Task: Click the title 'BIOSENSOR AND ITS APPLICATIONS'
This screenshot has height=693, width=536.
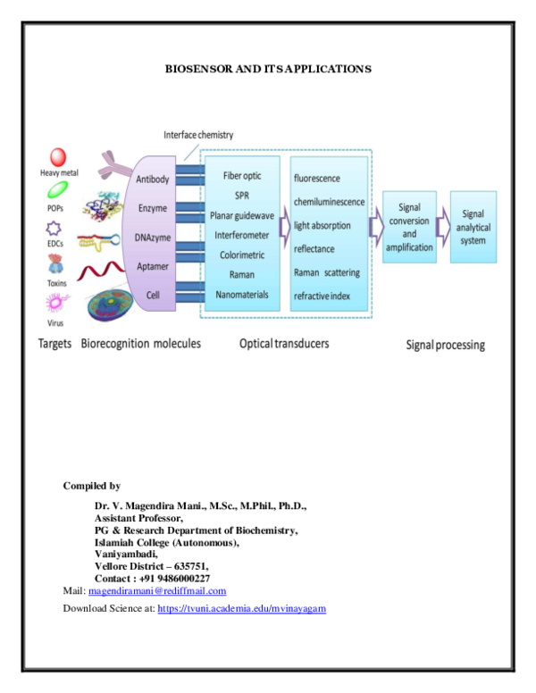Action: coord(268,69)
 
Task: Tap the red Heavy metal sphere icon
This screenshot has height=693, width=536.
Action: coord(58,157)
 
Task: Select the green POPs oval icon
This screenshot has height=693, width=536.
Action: coord(58,189)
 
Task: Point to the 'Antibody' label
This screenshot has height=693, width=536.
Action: coord(153,180)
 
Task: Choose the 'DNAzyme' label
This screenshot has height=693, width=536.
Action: coord(153,238)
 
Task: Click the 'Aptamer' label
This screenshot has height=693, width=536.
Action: coord(153,266)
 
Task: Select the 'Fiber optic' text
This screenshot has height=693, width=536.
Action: coord(242,176)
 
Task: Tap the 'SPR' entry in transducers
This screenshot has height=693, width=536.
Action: coord(242,196)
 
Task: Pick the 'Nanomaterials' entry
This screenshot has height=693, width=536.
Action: coord(242,295)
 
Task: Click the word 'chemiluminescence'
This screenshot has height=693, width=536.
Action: coord(329,202)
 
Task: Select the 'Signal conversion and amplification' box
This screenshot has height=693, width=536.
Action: coord(409,227)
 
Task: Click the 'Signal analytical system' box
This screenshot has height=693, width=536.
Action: coord(473,227)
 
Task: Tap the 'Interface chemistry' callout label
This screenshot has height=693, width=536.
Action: coord(198,135)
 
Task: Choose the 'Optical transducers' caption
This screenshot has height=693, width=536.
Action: coord(284,344)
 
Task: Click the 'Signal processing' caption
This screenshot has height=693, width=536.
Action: coord(446,345)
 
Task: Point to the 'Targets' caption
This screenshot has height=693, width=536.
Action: coord(55,344)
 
